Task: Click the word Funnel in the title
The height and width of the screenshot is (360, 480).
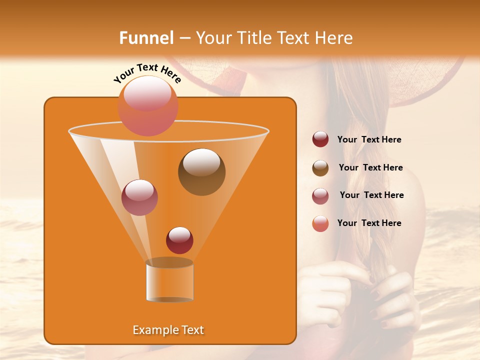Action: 146,38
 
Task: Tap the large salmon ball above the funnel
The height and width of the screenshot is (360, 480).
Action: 148,105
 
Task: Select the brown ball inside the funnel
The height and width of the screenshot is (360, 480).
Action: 201,171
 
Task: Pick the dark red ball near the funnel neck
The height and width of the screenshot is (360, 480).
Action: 179,240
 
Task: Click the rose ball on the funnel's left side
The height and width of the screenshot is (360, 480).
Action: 139,197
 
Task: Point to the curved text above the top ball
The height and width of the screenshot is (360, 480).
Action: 147,74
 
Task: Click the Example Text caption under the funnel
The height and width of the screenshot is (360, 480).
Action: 168,330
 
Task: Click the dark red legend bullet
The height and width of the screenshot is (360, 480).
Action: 320,139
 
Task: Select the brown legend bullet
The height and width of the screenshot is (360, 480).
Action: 320,168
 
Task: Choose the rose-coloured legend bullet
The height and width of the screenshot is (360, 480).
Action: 320,196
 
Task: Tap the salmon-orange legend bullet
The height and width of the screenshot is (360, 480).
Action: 320,223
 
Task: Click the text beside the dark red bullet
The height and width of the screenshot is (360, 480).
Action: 369,139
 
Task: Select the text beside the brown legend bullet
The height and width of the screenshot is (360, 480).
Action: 370,167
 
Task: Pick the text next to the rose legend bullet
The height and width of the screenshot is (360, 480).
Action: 371,195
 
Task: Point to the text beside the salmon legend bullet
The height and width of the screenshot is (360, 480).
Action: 369,223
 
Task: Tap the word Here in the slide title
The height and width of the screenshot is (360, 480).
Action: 333,38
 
